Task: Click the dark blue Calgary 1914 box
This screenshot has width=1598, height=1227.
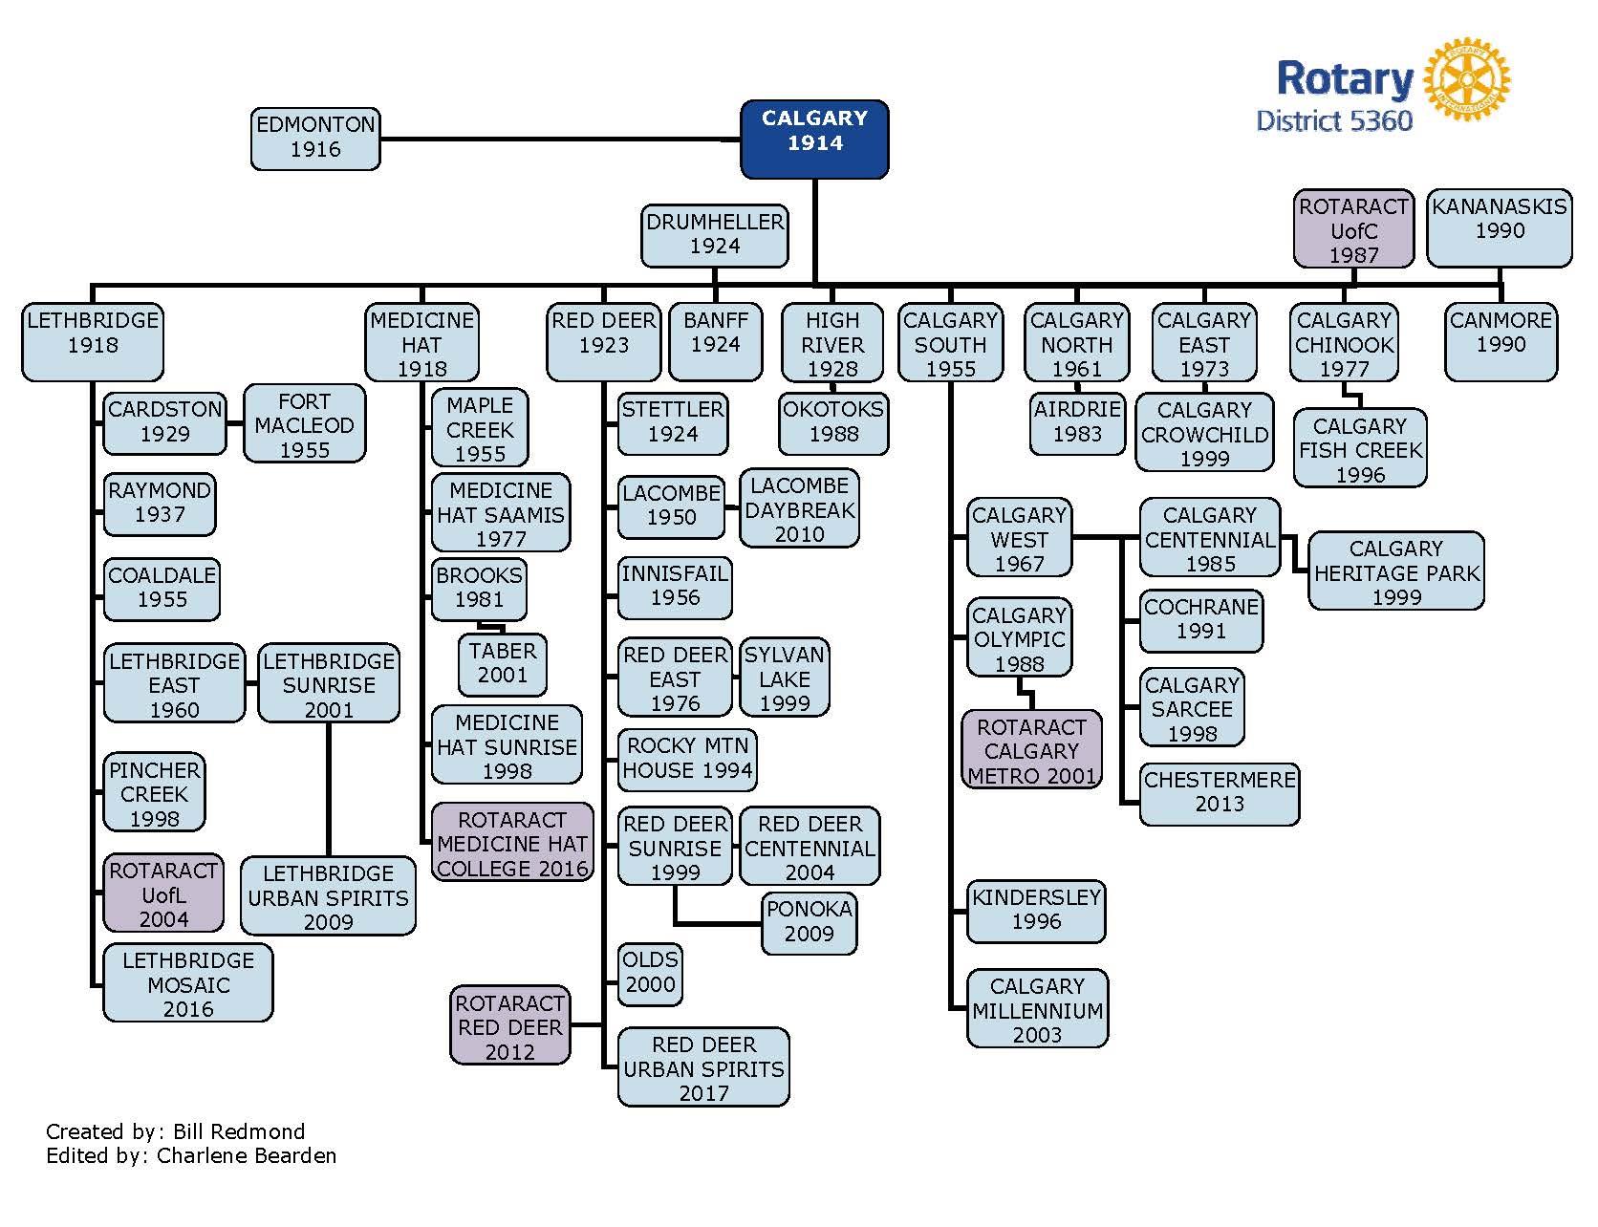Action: coord(814,140)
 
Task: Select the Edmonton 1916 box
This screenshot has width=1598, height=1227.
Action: coord(315,139)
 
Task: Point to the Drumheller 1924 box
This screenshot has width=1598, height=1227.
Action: coord(715,235)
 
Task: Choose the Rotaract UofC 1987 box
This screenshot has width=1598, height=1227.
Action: coord(1353,229)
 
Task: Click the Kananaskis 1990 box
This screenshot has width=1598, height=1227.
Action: coord(1499,227)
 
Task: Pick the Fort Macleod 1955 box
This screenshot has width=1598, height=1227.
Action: coord(304,424)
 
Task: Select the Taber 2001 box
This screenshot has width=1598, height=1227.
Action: coord(502,663)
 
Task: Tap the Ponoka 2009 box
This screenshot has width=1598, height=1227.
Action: coord(809,921)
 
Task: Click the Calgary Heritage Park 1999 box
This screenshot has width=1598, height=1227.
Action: coord(1395,571)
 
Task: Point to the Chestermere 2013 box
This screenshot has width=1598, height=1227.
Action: coord(1220,792)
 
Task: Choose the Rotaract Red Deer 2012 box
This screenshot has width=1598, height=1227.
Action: coord(509,1026)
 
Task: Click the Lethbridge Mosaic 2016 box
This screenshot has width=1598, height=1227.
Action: coord(188,983)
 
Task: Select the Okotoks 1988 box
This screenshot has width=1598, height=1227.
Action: coord(833,421)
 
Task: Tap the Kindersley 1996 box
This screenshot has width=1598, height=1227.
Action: coord(1036,910)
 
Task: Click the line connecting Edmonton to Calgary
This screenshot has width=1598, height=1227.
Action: coord(559,140)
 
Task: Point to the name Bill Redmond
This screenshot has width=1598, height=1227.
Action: coord(239,1132)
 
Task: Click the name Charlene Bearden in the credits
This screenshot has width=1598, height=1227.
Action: coord(247,1155)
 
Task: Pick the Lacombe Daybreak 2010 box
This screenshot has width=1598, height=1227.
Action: coord(799,509)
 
